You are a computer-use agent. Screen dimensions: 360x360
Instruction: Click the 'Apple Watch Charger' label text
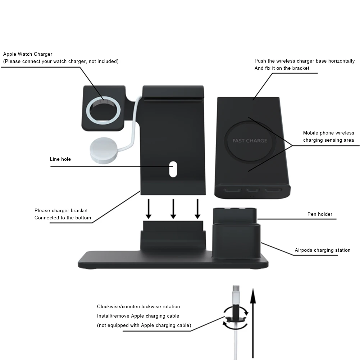[28, 54]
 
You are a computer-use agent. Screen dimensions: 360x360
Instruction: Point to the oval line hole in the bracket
[173, 169]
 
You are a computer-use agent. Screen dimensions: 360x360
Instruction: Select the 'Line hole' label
[60, 159]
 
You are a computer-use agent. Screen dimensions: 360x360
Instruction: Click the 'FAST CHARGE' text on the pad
[250, 141]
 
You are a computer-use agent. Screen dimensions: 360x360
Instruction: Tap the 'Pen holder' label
[320, 214]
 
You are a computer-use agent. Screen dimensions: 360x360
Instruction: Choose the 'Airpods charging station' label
[322, 250]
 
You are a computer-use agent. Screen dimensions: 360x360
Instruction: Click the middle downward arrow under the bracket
[173, 209]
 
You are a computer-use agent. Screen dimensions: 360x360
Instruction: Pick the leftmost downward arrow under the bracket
[149, 209]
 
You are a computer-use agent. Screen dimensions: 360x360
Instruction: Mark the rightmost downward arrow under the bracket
[197, 209]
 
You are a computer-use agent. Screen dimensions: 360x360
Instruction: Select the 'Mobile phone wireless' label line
[328, 133]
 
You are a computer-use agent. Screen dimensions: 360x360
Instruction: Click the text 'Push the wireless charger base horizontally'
[304, 61]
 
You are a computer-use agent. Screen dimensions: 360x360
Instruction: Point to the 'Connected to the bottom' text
[63, 218]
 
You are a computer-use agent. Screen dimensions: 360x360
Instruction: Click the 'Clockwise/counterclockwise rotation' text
[138, 307]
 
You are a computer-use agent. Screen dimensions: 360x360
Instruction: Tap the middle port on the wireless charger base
[253, 190]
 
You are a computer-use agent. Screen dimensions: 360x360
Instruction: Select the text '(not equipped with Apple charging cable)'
[144, 325]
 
